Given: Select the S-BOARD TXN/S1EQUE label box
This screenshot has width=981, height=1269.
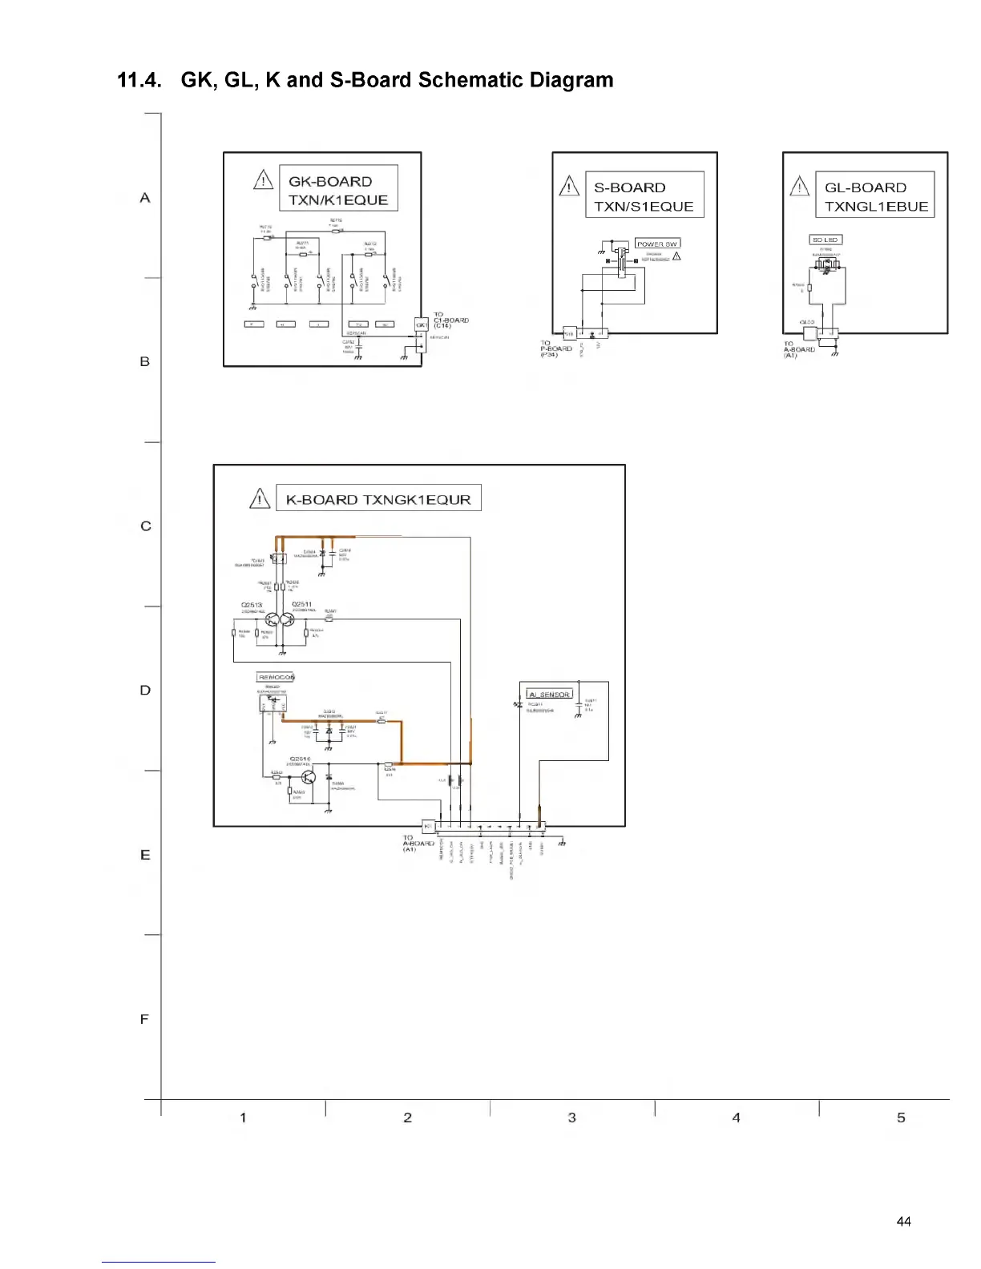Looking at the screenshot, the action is (x=644, y=196).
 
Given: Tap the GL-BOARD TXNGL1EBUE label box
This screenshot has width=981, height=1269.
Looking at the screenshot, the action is (x=875, y=196).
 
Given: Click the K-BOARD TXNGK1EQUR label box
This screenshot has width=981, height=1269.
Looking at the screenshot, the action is (x=378, y=499).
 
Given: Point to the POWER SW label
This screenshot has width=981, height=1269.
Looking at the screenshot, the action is (x=657, y=244).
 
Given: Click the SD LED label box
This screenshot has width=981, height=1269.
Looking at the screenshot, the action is (x=825, y=240).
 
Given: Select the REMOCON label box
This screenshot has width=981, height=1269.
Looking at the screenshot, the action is (x=276, y=677).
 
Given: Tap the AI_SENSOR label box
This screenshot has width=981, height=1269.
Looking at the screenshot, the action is (x=549, y=695).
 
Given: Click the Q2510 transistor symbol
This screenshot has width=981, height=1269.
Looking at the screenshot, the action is (x=309, y=777).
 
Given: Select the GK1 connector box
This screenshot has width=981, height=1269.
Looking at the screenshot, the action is (x=422, y=324).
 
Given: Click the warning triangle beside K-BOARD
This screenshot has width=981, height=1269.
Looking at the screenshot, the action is (x=260, y=499).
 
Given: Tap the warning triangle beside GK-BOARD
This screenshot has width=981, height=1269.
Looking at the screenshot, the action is (x=264, y=180).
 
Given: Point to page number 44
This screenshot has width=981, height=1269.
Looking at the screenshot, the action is (x=903, y=1222).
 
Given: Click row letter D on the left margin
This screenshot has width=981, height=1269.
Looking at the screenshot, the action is (x=145, y=690).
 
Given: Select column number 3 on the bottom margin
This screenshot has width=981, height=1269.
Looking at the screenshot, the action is (x=572, y=1118).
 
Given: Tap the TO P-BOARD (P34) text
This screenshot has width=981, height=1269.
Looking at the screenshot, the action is (x=556, y=348).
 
